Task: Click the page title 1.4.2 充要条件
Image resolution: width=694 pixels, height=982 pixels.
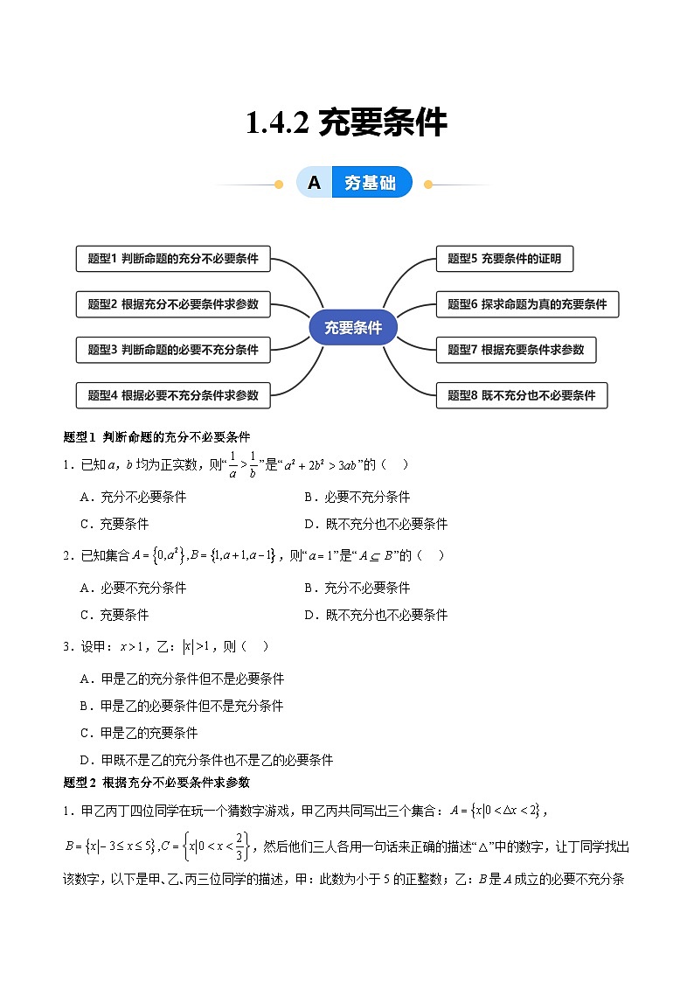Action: [347, 122]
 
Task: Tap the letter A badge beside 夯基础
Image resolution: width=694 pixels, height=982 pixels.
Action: [314, 182]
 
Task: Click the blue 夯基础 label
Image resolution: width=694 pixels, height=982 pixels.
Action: [371, 182]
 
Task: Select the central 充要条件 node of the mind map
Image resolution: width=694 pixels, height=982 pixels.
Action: [353, 327]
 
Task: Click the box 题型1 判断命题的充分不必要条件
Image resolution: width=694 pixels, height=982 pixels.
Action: [173, 259]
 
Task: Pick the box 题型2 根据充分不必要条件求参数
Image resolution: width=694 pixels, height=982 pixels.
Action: [173, 304]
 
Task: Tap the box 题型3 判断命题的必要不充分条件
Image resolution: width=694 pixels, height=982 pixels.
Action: [173, 350]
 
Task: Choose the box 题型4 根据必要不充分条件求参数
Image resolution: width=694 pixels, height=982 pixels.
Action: [173, 395]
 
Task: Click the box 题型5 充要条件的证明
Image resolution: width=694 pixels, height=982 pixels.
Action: [504, 259]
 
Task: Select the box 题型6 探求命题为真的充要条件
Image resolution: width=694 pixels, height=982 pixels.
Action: [528, 304]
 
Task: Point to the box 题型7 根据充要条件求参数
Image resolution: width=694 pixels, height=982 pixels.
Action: [516, 350]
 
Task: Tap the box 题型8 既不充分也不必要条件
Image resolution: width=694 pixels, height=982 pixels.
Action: [522, 395]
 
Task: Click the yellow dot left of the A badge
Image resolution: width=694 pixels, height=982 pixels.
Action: [279, 185]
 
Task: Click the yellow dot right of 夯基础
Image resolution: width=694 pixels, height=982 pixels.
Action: [428, 185]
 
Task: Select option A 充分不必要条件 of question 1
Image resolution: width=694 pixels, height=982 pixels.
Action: [133, 498]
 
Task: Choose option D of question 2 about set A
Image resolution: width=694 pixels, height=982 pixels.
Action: [376, 615]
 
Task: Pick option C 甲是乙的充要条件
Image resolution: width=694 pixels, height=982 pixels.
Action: [139, 733]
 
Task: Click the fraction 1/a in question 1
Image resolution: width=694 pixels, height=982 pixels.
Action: [232, 464]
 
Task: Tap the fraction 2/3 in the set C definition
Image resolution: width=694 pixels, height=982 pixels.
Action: [239, 846]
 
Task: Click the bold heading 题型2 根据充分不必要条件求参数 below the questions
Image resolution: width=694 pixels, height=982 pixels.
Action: [156, 783]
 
